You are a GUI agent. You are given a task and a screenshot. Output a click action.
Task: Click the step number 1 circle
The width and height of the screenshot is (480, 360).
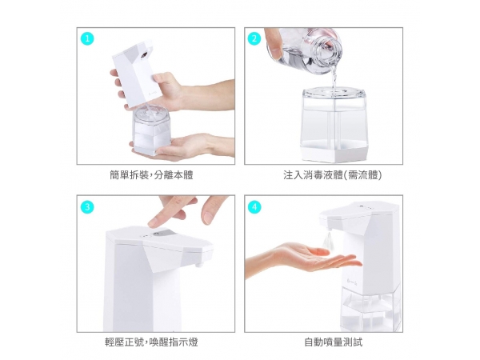point(87,39)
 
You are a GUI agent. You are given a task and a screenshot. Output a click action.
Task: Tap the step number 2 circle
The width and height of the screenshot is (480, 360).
point(254,39)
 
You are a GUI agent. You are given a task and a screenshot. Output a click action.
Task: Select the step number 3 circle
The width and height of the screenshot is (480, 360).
point(87,207)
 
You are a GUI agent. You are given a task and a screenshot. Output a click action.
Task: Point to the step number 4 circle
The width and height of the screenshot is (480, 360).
point(254,207)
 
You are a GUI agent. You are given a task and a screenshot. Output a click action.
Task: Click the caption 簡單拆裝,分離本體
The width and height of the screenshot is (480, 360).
point(151,175)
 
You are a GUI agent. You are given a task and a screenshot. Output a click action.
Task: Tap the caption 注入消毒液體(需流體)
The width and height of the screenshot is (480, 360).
point(333,175)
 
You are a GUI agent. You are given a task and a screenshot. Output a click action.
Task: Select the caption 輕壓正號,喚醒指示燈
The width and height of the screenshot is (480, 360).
point(151,342)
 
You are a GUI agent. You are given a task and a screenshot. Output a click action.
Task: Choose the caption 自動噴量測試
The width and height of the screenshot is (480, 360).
point(334,342)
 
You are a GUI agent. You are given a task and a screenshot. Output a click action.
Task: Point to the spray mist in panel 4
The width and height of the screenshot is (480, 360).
point(327,240)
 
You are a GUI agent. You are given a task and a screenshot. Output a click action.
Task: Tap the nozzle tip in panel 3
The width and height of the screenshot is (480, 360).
point(199,263)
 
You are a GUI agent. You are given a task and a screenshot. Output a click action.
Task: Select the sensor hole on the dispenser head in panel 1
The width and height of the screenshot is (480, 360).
point(144,55)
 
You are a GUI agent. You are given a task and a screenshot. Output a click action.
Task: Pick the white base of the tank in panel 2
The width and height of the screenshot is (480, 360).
point(334,153)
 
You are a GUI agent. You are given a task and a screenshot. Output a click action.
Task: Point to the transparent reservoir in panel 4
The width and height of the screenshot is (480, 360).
point(370,308)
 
